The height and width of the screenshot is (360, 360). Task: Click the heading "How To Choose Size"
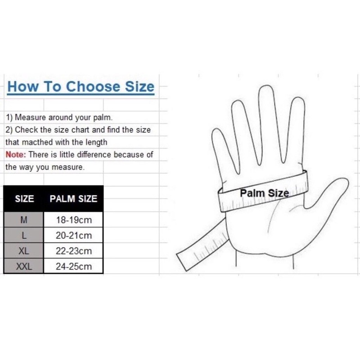81,87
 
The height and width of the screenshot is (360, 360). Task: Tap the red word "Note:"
16,154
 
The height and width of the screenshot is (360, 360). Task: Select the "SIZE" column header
24,198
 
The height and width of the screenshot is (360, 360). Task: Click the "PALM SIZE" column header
73,198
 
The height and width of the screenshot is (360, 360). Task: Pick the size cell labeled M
24,220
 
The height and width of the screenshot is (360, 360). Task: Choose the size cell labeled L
24,235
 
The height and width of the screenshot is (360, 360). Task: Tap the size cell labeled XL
24,251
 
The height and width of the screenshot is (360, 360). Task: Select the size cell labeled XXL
24,266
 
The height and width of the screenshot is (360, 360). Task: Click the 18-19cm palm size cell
73,220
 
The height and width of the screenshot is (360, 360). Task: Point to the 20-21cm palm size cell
73,235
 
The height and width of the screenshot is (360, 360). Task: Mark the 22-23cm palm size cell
73,251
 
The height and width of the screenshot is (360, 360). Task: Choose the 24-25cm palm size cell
73,266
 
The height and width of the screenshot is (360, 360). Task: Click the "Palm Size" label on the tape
264,193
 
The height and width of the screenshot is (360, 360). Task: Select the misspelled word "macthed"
37,142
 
